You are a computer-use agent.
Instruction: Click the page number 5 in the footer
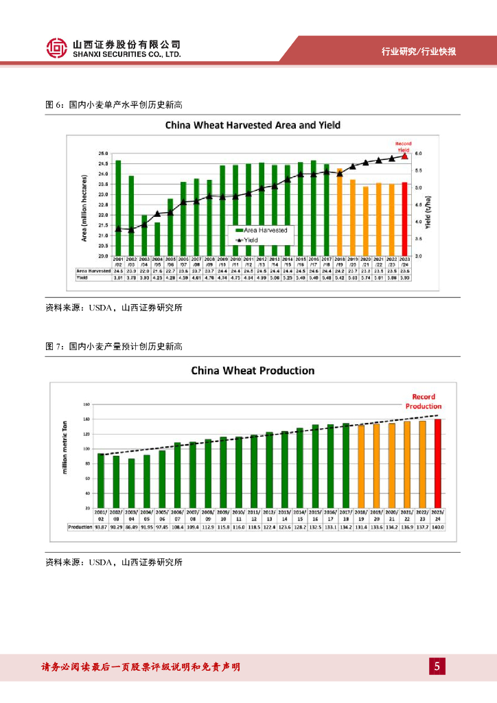(437, 666)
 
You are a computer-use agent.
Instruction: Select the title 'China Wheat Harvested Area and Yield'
(252, 126)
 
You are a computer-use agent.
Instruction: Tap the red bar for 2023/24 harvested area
(404, 218)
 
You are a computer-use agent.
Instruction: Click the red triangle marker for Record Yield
(404, 156)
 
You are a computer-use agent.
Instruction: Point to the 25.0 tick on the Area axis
(104, 154)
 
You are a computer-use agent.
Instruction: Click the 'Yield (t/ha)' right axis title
(427, 213)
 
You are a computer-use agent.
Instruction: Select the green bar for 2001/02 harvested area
(118, 207)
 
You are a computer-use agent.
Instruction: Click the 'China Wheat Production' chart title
(252, 371)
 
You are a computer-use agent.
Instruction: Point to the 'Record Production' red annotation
(424, 402)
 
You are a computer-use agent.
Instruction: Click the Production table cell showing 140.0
(438, 527)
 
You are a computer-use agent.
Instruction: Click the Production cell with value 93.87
(101, 527)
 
